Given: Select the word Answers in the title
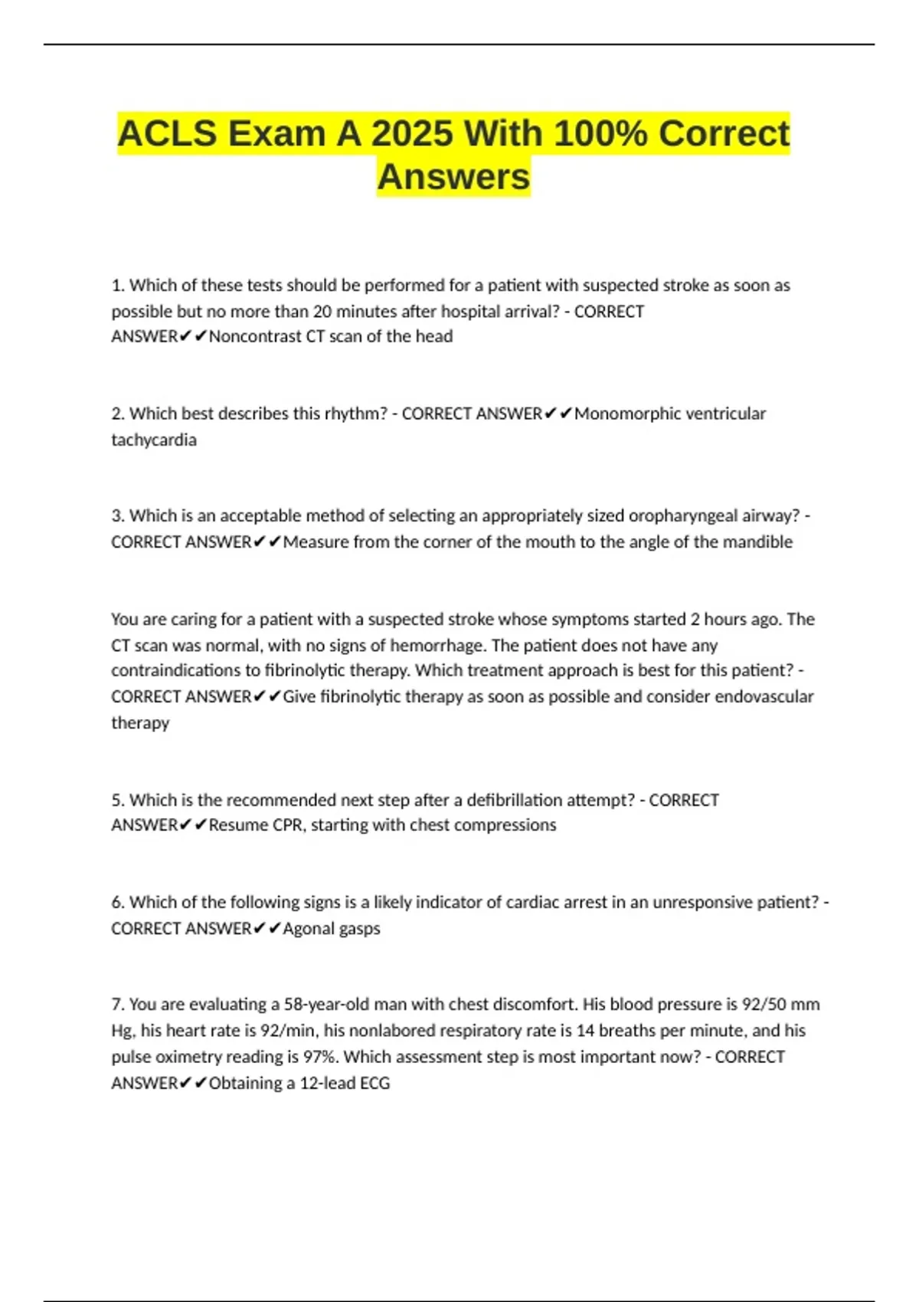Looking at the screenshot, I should [x=453, y=177].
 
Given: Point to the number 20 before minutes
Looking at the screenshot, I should [x=322, y=312].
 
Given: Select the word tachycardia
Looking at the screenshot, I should [x=154, y=440].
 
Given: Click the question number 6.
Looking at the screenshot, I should [x=117, y=903].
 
